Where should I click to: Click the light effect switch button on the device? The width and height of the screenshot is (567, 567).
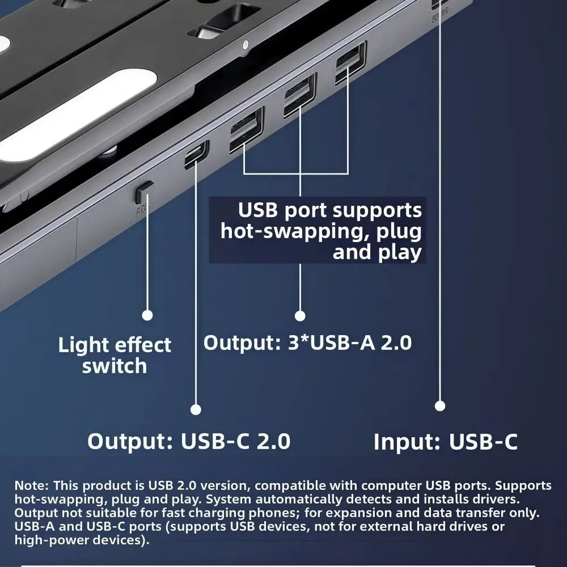(x=145, y=192)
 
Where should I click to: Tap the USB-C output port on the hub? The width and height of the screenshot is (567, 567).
(x=196, y=155)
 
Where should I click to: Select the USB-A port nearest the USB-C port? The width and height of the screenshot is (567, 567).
(x=246, y=129)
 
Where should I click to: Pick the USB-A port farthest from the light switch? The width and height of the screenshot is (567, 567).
(x=350, y=63)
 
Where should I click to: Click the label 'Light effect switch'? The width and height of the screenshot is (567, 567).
(x=115, y=355)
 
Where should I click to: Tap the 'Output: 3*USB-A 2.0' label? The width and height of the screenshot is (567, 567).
(x=307, y=343)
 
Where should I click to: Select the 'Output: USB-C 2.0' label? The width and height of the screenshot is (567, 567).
(x=189, y=441)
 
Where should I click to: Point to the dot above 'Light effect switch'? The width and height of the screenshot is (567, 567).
(x=147, y=315)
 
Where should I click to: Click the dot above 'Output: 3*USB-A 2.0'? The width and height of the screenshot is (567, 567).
(x=300, y=316)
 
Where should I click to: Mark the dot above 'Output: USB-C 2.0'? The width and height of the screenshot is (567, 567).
(x=196, y=409)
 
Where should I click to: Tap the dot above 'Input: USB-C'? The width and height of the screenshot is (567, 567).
(x=440, y=405)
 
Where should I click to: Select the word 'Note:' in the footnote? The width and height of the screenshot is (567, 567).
(x=32, y=486)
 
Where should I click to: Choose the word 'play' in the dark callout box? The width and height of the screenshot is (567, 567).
(x=400, y=252)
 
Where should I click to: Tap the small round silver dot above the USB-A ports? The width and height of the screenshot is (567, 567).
(x=245, y=44)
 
